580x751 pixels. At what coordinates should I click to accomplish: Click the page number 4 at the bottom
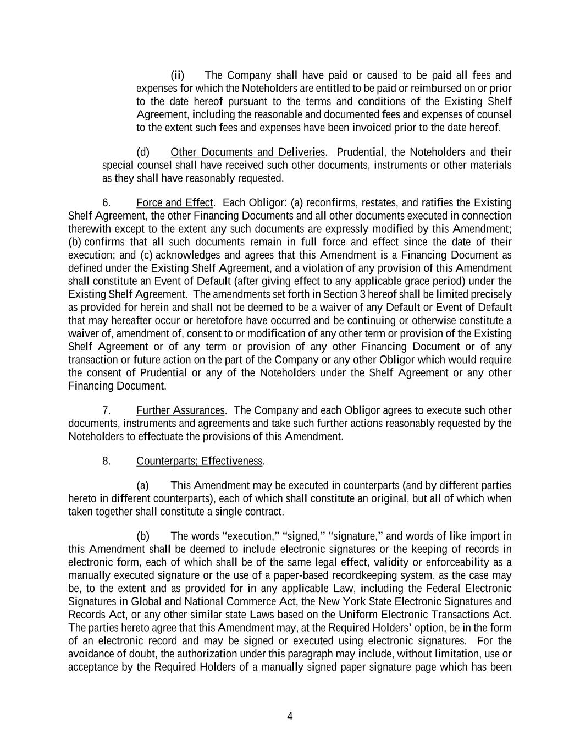pos(290,716)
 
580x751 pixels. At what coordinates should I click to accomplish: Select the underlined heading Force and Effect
pos(174,203)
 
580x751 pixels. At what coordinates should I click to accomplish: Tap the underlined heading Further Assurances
pos(180,410)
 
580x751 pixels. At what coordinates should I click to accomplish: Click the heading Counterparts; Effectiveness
pos(200,461)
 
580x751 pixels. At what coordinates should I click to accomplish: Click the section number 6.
pos(107,203)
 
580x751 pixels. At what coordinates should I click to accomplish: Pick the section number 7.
pos(107,410)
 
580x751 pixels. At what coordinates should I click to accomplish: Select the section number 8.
pos(107,461)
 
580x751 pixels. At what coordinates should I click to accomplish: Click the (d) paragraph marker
pos(143,152)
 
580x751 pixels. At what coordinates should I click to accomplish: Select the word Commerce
pos(238,601)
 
